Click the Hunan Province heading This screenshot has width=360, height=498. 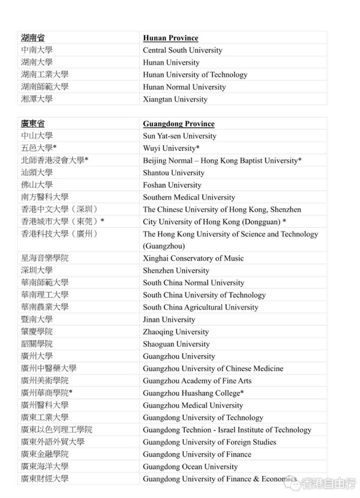[170, 38]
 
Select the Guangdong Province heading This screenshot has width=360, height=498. [178, 124]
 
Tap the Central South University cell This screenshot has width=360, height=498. [182, 50]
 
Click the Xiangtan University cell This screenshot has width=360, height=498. [175, 99]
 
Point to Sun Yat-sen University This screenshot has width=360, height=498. [179, 136]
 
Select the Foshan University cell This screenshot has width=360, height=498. [172, 185]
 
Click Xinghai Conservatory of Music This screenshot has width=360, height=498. [193, 258]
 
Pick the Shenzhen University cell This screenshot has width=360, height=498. [176, 271]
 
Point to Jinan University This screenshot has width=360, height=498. [169, 319]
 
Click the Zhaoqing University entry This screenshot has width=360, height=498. [176, 332]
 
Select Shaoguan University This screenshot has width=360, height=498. [176, 344]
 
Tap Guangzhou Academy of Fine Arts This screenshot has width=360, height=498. [197, 380]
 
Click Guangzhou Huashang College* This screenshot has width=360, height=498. [193, 393]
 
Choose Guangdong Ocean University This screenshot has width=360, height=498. [190, 466]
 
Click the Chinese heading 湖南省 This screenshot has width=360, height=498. [32, 38]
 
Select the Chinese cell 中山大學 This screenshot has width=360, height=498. [37, 136]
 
